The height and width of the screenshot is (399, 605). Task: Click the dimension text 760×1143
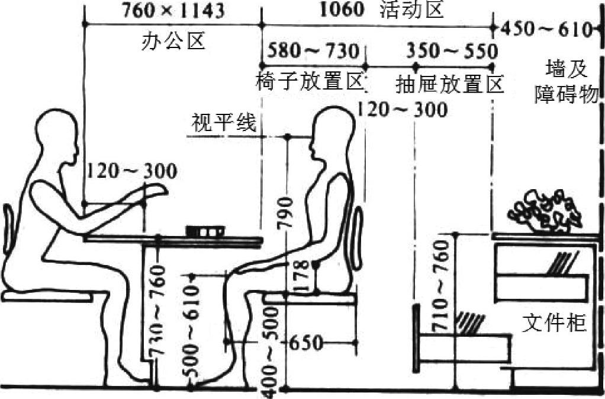(173, 10)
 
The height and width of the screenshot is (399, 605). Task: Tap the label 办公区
(173, 40)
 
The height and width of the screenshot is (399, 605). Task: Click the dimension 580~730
(313, 51)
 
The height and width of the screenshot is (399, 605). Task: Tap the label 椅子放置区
(309, 82)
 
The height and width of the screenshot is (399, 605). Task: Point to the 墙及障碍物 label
(567, 82)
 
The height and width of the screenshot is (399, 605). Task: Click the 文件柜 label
(554, 324)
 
